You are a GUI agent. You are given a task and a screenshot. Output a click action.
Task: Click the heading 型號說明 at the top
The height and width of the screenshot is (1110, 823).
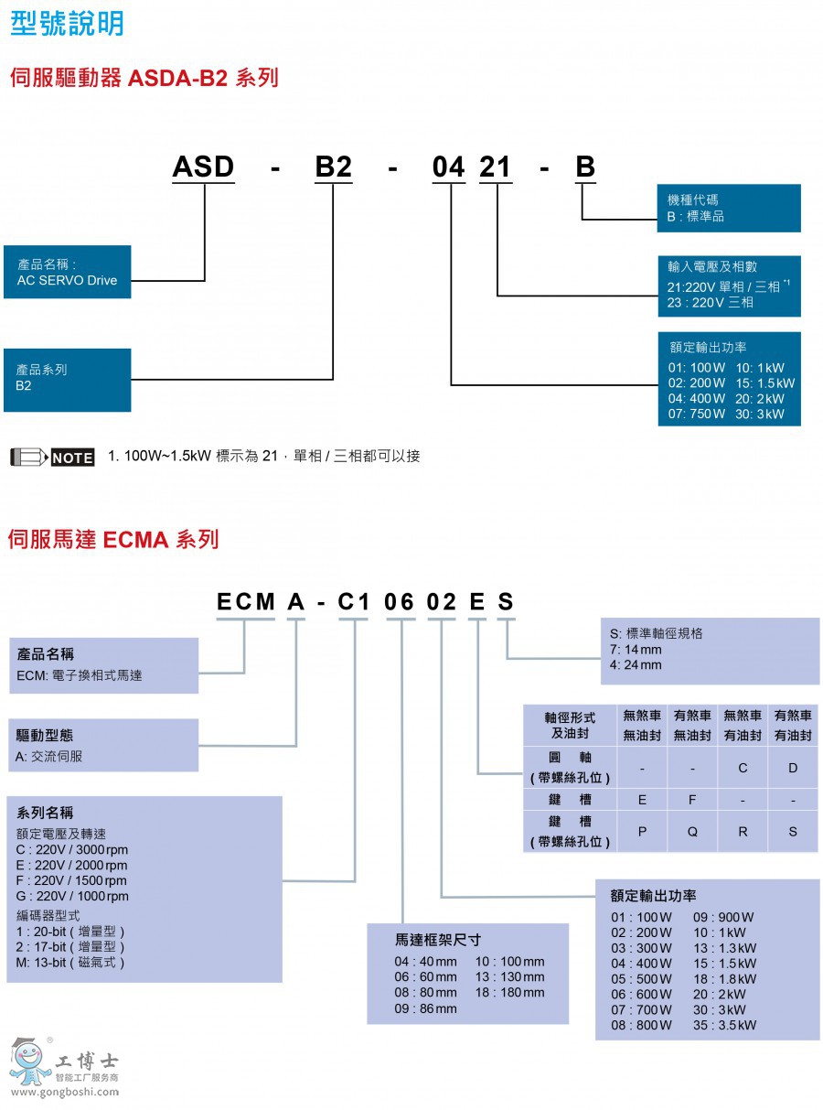point(66,22)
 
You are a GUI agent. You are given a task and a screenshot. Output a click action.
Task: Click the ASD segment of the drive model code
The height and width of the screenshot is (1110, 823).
point(204,167)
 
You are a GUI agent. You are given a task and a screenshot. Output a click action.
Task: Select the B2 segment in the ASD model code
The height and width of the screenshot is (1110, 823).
point(333,167)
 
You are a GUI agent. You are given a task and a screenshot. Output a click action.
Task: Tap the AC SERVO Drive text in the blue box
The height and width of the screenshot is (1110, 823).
point(67,280)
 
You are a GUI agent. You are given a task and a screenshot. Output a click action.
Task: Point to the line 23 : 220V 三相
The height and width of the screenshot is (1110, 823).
point(711,302)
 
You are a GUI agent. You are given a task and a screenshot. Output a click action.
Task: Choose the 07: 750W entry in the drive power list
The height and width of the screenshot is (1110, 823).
point(697,414)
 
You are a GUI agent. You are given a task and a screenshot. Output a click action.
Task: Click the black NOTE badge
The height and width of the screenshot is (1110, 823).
point(72,458)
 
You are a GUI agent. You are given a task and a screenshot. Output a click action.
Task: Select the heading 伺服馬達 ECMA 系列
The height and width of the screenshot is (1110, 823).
point(113,540)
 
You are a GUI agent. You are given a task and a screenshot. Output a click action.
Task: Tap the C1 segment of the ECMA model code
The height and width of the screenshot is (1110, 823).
point(353,602)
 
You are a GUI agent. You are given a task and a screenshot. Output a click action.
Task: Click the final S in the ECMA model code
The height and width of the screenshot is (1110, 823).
point(506,602)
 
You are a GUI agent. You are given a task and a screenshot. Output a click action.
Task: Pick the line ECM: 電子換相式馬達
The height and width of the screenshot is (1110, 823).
point(80,675)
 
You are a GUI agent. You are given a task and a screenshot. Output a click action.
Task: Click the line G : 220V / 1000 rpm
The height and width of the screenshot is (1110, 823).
point(73,896)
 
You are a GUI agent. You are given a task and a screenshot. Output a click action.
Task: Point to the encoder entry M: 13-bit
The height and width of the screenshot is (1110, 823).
point(69,962)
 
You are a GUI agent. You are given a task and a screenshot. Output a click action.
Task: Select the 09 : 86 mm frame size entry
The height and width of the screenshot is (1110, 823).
point(425,1008)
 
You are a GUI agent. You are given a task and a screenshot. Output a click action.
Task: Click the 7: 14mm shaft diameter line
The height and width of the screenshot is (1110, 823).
point(636,650)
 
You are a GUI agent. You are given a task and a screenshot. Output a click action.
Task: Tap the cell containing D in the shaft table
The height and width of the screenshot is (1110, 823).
point(793,768)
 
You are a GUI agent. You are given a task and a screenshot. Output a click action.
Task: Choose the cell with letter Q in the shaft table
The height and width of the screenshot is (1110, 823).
point(692,832)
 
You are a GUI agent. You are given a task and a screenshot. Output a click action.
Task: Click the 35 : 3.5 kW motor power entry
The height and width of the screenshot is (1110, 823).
point(724,1025)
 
